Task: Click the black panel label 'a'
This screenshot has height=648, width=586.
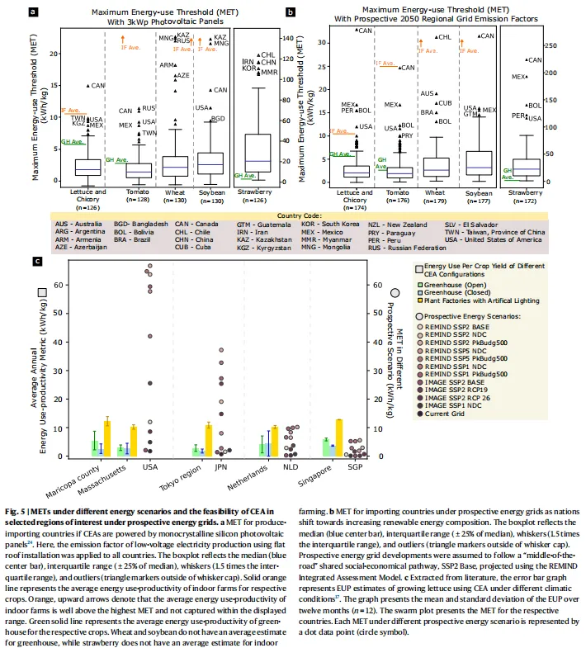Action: tap(33, 12)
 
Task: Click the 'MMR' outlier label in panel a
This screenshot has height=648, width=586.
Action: tap(269, 73)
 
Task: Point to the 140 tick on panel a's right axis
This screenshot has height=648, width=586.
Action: tap(289, 38)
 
